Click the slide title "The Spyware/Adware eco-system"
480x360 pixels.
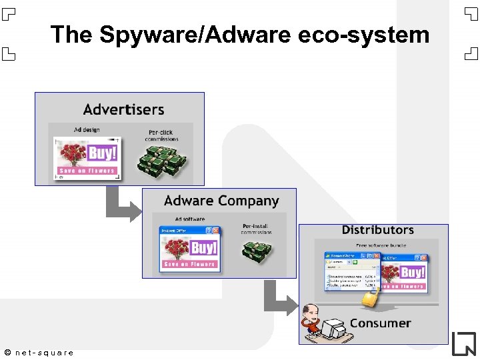tap(240, 34)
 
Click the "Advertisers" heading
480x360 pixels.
tap(123, 109)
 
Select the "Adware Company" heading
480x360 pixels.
tap(221, 201)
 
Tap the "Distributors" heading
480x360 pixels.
tap(377, 230)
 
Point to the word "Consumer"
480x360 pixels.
tap(380, 323)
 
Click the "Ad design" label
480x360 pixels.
tap(87, 130)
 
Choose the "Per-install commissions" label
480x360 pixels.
tap(256, 229)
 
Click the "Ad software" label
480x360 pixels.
tap(190, 219)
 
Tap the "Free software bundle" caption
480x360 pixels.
tap(381, 245)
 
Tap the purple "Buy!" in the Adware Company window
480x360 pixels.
tap(204, 248)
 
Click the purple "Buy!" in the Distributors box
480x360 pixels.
tap(413, 273)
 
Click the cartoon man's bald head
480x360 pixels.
tap(311, 310)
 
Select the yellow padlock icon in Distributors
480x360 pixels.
tap(370, 297)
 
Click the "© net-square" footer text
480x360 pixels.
tap(39, 352)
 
